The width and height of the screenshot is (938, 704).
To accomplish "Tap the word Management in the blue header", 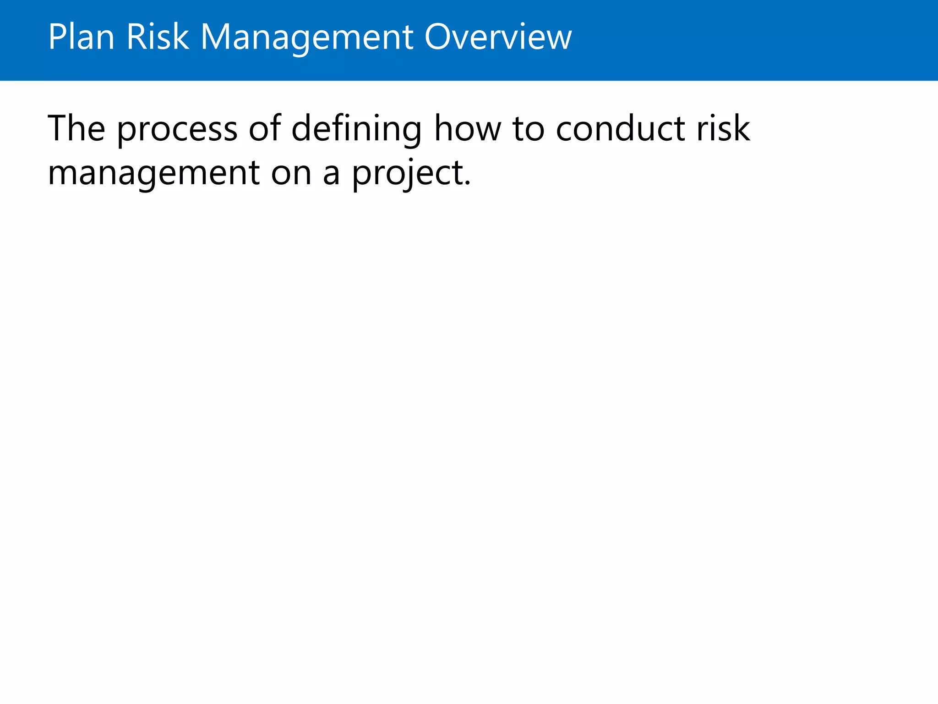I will tap(307, 38).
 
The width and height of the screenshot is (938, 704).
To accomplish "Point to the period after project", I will tap(467, 183).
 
